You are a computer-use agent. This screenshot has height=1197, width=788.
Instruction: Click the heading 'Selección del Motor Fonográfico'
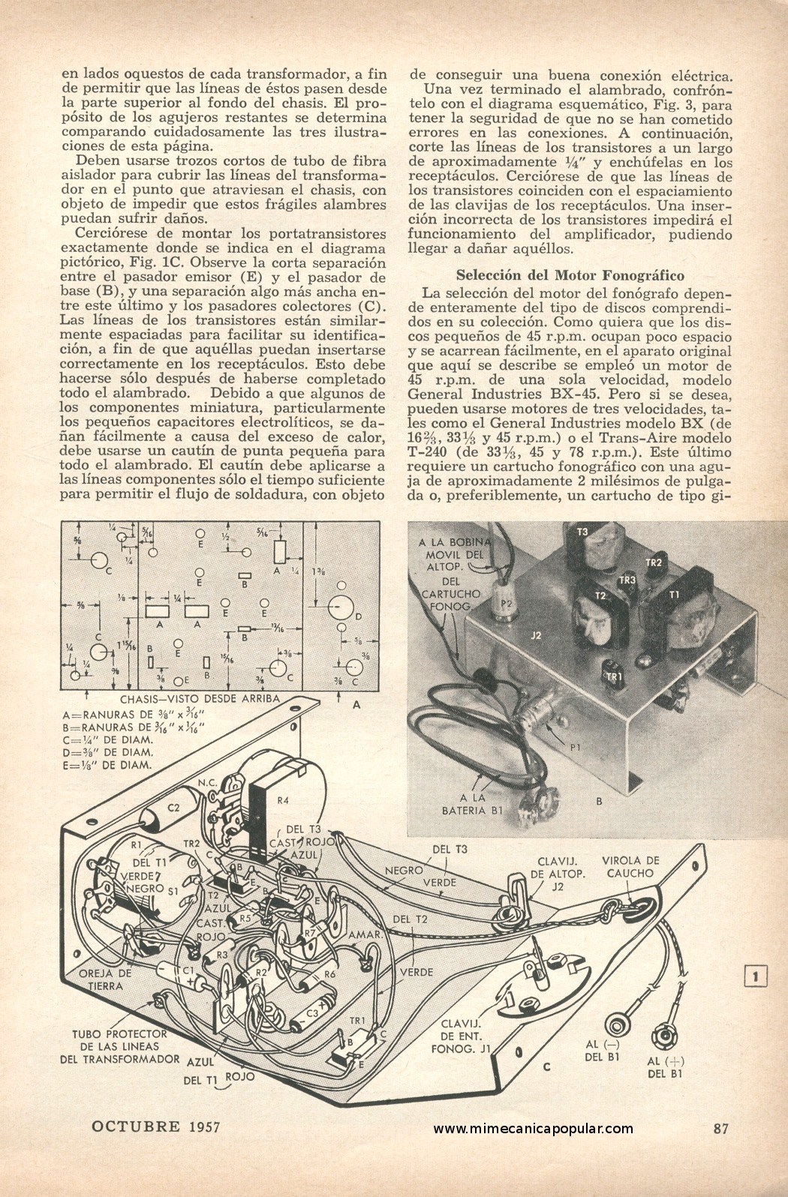coord(570,275)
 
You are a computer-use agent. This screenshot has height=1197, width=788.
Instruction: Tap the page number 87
coord(720,1128)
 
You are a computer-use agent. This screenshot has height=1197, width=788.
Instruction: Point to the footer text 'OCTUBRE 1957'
coord(155,1126)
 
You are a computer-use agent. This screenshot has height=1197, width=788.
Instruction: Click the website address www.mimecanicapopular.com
coord(533,1129)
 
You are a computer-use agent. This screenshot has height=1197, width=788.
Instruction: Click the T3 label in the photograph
coord(582,532)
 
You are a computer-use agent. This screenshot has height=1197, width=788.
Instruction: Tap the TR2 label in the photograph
coord(653,562)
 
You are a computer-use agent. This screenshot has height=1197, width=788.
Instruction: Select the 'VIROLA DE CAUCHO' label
coord(630,867)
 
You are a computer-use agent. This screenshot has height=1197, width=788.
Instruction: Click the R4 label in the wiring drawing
coord(283,800)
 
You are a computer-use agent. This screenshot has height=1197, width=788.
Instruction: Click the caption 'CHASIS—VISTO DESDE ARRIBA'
coord(200,699)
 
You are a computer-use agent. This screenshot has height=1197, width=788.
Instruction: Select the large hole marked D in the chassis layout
coord(340,607)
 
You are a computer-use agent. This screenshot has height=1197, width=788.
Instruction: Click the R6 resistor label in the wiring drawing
coord(329,975)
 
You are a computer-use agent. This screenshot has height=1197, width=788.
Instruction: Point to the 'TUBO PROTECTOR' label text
coord(119,1034)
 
